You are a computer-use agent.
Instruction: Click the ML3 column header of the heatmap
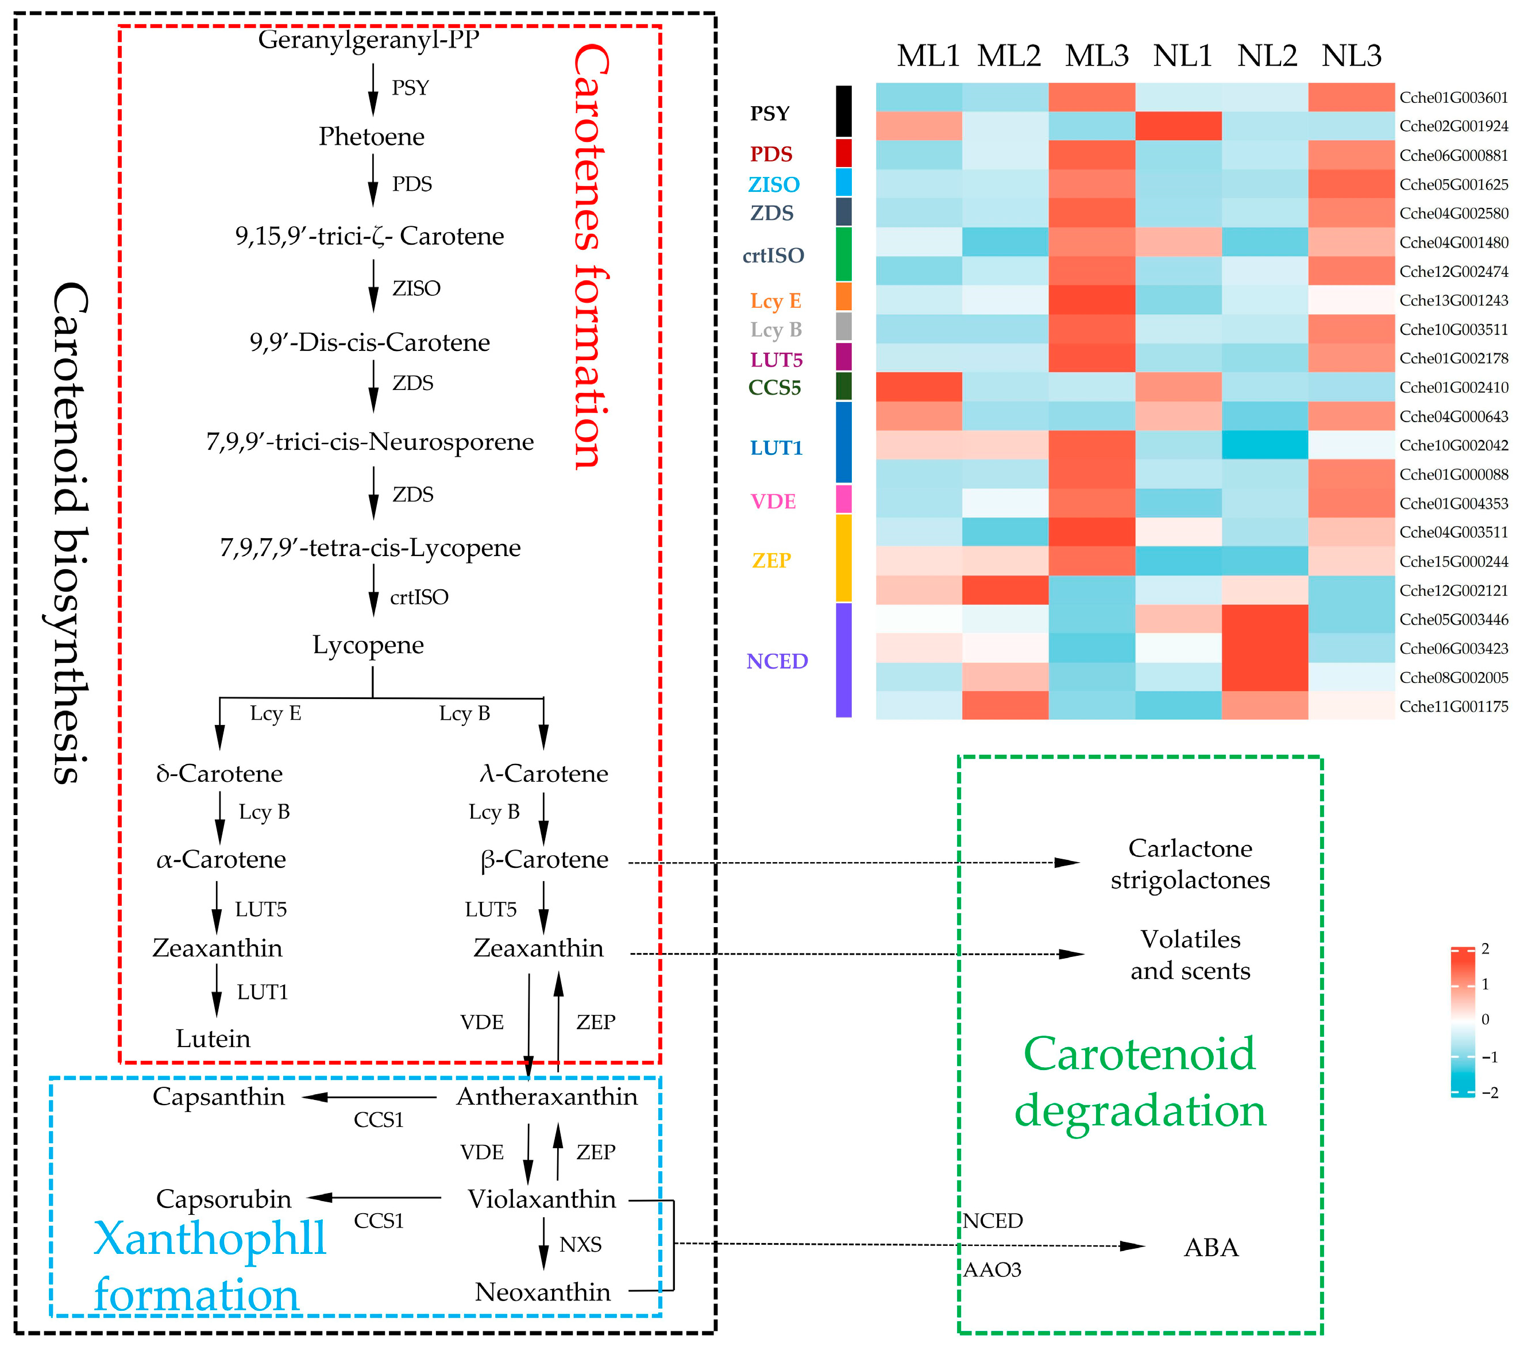click(1096, 56)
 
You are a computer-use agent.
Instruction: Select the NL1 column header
click(1183, 56)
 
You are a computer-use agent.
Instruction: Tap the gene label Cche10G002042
click(1453, 445)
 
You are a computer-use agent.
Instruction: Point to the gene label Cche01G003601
click(1453, 98)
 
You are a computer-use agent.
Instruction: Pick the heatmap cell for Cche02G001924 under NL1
click(1178, 126)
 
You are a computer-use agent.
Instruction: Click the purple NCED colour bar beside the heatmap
click(843, 660)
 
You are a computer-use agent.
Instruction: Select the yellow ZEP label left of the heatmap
click(771, 560)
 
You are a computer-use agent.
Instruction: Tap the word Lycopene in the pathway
click(368, 644)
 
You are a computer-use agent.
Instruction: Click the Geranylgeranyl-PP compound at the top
click(368, 38)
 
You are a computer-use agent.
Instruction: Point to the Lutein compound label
click(213, 1038)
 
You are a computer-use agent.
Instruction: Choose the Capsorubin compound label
click(223, 1199)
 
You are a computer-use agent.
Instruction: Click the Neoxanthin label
click(543, 1291)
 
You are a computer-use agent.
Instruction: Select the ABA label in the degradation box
click(1211, 1246)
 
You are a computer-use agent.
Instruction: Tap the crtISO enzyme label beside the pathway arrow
click(419, 597)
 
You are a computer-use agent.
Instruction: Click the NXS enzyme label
click(580, 1244)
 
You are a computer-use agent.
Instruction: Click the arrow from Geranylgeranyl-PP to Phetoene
click(373, 90)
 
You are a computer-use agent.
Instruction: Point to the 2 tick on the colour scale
click(1484, 949)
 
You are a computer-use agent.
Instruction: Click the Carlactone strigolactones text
click(1190, 864)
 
